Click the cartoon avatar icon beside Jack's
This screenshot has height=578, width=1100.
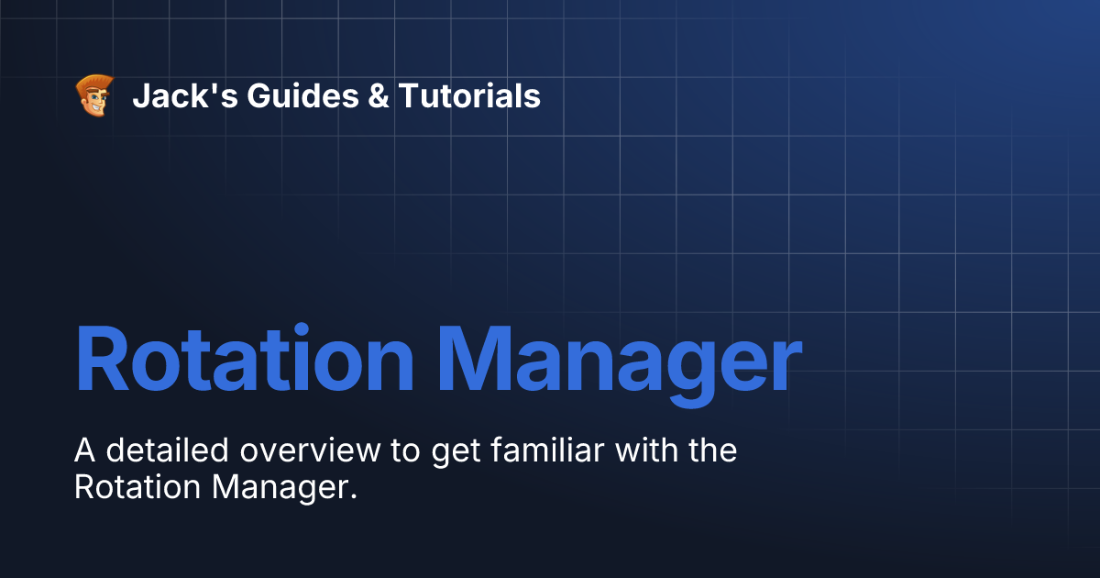pyautogui.click(x=94, y=95)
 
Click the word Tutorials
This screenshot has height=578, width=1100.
pyautogui.click(x=468, y=95)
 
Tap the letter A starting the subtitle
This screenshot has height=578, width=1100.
pyautogui.click(x=83, y=451)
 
